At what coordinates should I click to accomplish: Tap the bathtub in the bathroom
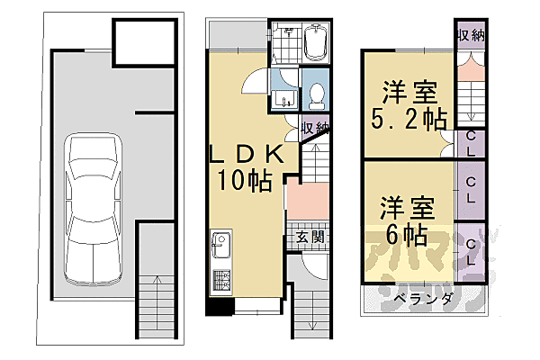[316, 42]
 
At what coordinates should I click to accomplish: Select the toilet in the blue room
[316, 94]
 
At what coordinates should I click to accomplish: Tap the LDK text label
[248, 155]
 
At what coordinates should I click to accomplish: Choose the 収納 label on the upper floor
[469, 37]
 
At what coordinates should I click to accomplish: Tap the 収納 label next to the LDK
[313, 128]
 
